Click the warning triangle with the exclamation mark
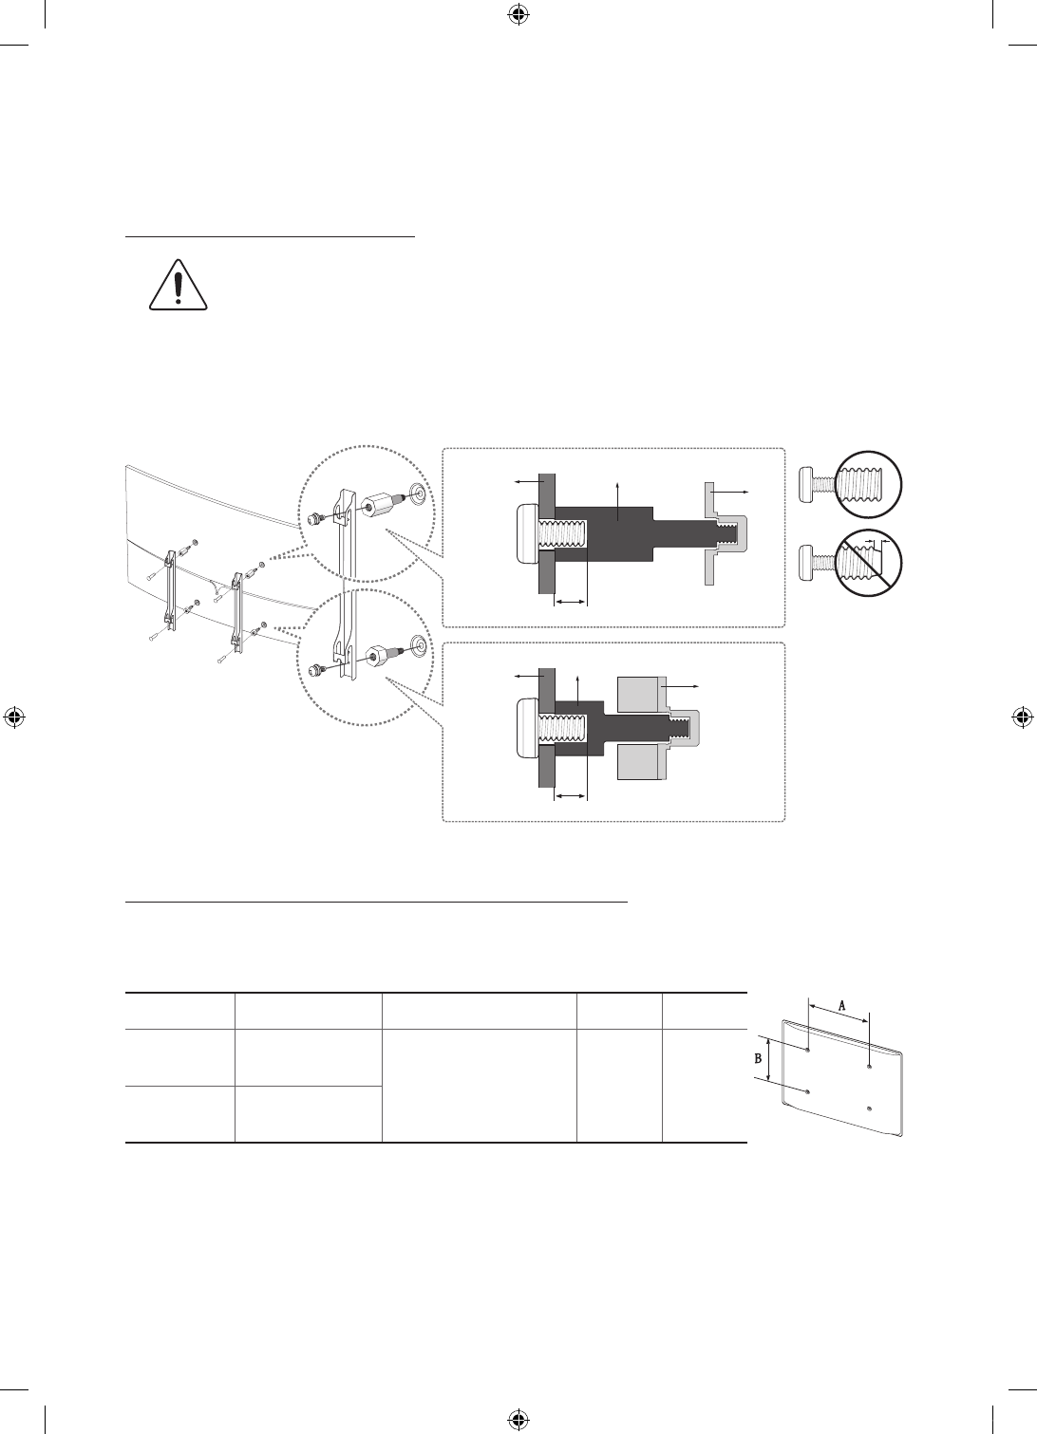point(179,285)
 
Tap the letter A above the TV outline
point(841,1006)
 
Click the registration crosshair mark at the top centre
point(518,14)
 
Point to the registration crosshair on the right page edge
point(1022,717)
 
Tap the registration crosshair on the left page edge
point(14,717)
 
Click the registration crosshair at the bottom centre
point(518,1419)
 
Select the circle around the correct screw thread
point(870,484)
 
